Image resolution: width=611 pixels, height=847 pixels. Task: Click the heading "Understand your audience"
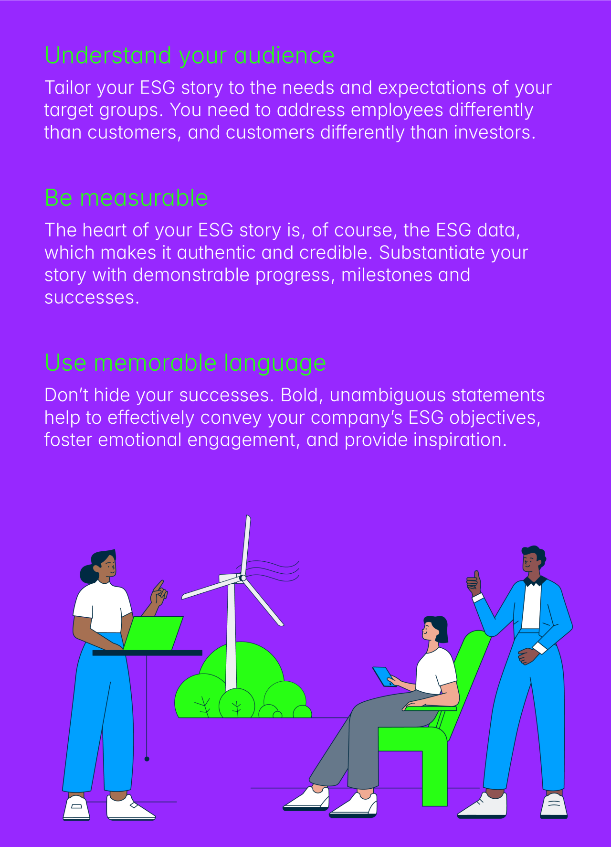click(x=190, y=56)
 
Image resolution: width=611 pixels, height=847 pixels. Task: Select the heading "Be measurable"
click(x=126, y=198)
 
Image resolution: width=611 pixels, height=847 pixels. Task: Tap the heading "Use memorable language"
click(x=186, y=364)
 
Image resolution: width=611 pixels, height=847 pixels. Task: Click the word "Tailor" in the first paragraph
click(x=68, y=88)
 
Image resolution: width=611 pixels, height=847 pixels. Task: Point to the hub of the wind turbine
click(x=243, y=578)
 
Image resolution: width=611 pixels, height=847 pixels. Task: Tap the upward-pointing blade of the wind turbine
click(x=246, y=545)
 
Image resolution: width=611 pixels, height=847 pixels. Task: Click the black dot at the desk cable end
click(x=147, y=759)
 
